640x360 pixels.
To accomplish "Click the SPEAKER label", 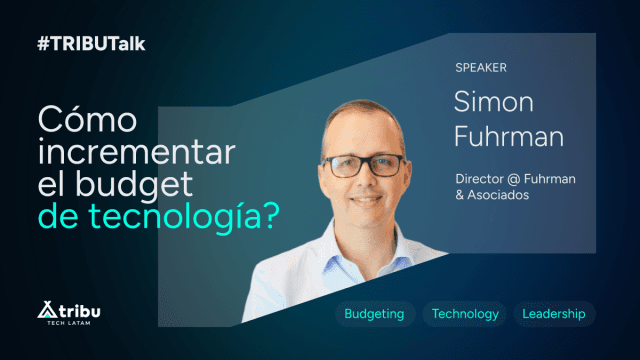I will [481, 68].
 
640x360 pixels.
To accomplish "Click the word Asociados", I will [500, 195].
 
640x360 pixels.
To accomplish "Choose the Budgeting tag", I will [374, 314].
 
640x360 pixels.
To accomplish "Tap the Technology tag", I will [465, 314].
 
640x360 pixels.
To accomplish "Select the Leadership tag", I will [553, 314].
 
